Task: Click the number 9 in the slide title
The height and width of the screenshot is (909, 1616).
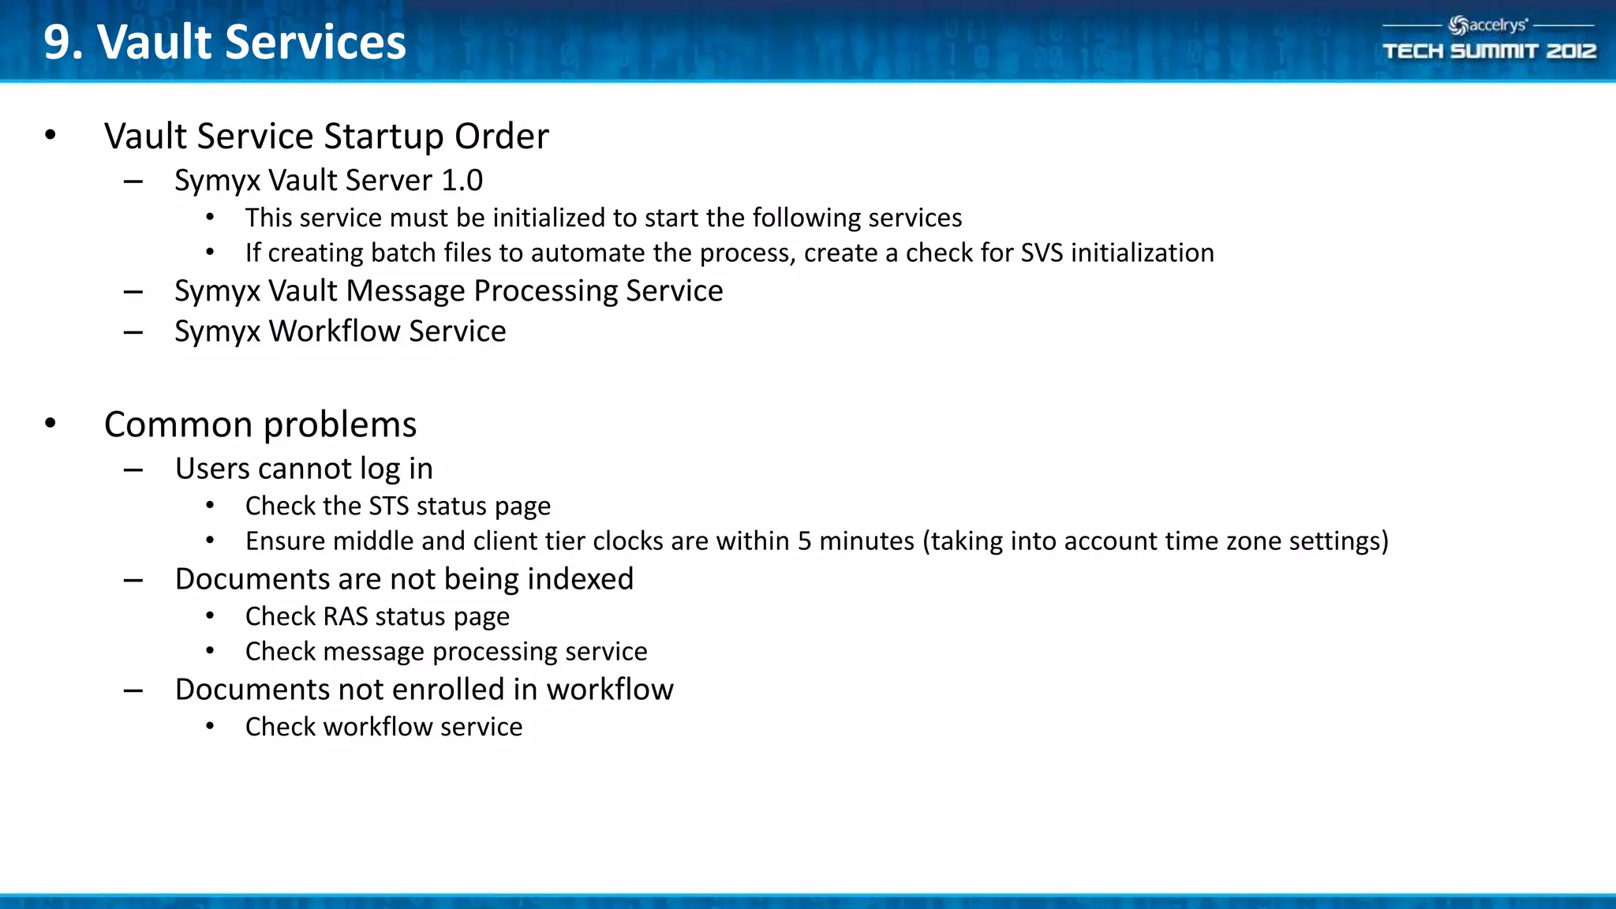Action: (58, 43)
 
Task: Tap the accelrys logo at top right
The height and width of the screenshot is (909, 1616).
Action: (1488, 25)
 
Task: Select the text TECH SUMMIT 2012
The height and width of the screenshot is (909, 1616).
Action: (1489, 51)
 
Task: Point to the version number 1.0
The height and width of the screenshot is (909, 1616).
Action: (462, 181)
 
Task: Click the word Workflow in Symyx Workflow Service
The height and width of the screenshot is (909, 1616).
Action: (335, 331)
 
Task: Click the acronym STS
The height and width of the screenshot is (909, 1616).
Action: (389, 506)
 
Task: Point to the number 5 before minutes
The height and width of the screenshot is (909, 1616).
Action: (804, 541)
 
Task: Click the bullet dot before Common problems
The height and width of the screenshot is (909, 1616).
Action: (50, 424)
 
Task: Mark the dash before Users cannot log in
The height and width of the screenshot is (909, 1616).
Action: (133, 470)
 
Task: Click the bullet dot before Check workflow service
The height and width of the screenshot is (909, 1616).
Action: (210, 727)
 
